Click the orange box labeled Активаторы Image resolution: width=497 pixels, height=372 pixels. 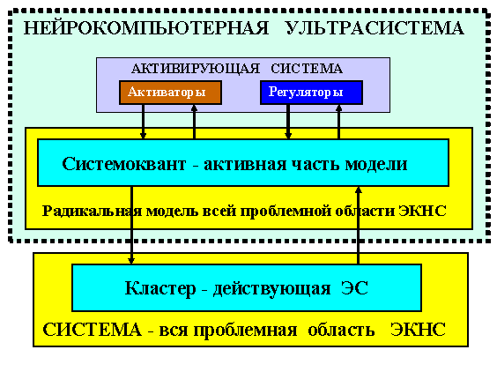pyautogui.click(x=170, y=93)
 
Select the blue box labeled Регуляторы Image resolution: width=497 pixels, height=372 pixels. pyautogui.click(x=311, y=93)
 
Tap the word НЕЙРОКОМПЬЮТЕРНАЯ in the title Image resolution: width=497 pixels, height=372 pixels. pyautogui.click(x=146, y=27)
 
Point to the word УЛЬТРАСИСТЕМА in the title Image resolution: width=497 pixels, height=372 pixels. pyautogui.click(x=375, y=28)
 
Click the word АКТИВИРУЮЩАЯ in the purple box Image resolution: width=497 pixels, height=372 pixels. pyautogui.click(x=196, y=69)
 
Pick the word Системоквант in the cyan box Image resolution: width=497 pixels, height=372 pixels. pyautogui.click(x=124, y=164)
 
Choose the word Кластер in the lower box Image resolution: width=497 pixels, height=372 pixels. pyautogui.click(x=160, y=288)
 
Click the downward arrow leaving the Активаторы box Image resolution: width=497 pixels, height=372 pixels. pyautogui.click(x=143, y=122)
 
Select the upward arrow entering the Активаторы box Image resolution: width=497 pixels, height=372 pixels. pyautogui.click(x=194, y=122)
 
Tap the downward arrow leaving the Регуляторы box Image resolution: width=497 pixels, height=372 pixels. pyautogui.click(x=288, y=122)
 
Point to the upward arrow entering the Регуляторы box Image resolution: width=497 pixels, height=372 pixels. pyautogui.click(x=339, y=122)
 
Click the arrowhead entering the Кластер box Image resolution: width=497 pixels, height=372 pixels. pyautogui.click(x=131, y=261)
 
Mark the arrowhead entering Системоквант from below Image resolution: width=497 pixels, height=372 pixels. pyautogui.click(x=358, y=190)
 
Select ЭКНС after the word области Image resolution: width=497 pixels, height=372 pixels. pyautogui.click(x=422, y=211)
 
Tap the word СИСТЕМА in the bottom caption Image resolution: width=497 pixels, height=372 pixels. pyautogui.click(x=92, y=330)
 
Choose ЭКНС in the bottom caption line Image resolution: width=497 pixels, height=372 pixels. pyautogui.click(x=418, y=330)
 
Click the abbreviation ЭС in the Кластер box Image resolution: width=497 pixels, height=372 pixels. pyautogui.click(x=354, y=288)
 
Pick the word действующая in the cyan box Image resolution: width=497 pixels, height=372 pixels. pyautogui.click(x=272, y=289)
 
